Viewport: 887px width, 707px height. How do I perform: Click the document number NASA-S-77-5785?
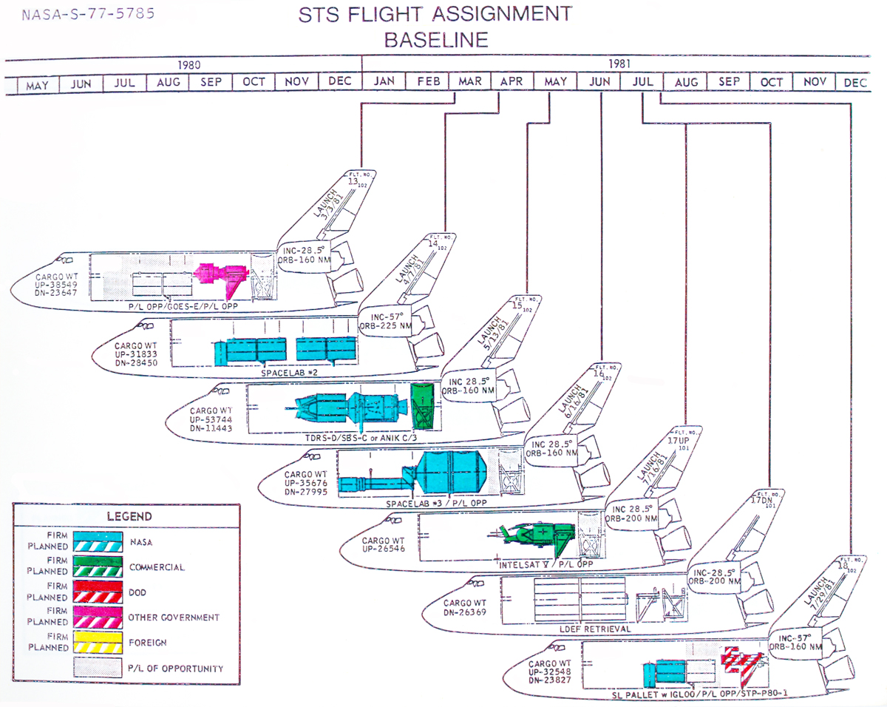[88, 14]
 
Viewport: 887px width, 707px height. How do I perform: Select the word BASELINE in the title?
[436, 39]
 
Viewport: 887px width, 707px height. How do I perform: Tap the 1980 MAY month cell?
[38, 84]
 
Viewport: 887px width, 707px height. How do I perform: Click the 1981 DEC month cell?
[854, 83]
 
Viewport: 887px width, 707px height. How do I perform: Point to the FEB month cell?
[427, 81]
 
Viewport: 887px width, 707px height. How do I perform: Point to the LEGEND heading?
[129, 516]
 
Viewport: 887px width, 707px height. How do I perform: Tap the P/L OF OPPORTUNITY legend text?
[176, 669]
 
